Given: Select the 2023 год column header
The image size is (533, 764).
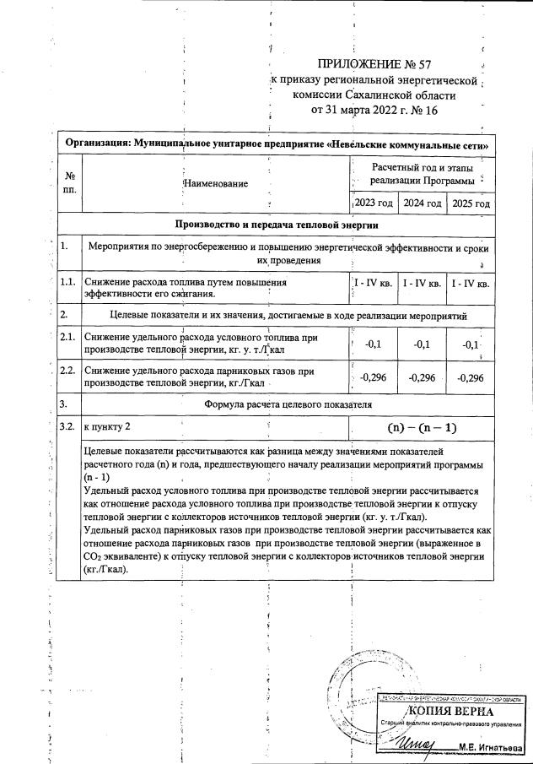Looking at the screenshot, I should tap(373, 203).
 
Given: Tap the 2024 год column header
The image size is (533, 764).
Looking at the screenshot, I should tap(422, 203).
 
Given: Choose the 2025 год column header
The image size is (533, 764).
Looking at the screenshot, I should tap(471, 203).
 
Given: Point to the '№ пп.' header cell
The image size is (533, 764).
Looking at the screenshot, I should tap(69, 183).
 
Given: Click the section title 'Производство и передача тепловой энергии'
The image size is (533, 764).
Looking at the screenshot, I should tap(276, 225).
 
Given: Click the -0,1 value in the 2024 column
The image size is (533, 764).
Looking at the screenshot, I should tap(422, 344).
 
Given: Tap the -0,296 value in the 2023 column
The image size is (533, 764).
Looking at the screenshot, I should tap(373, 377).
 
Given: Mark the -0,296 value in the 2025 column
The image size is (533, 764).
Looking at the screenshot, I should tap(471, 377).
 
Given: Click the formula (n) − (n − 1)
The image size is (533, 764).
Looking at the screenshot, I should tap(422, 428).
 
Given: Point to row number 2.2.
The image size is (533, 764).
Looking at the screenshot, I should tap(69, 371).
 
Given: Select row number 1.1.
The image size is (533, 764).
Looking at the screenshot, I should tap(69, 283).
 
